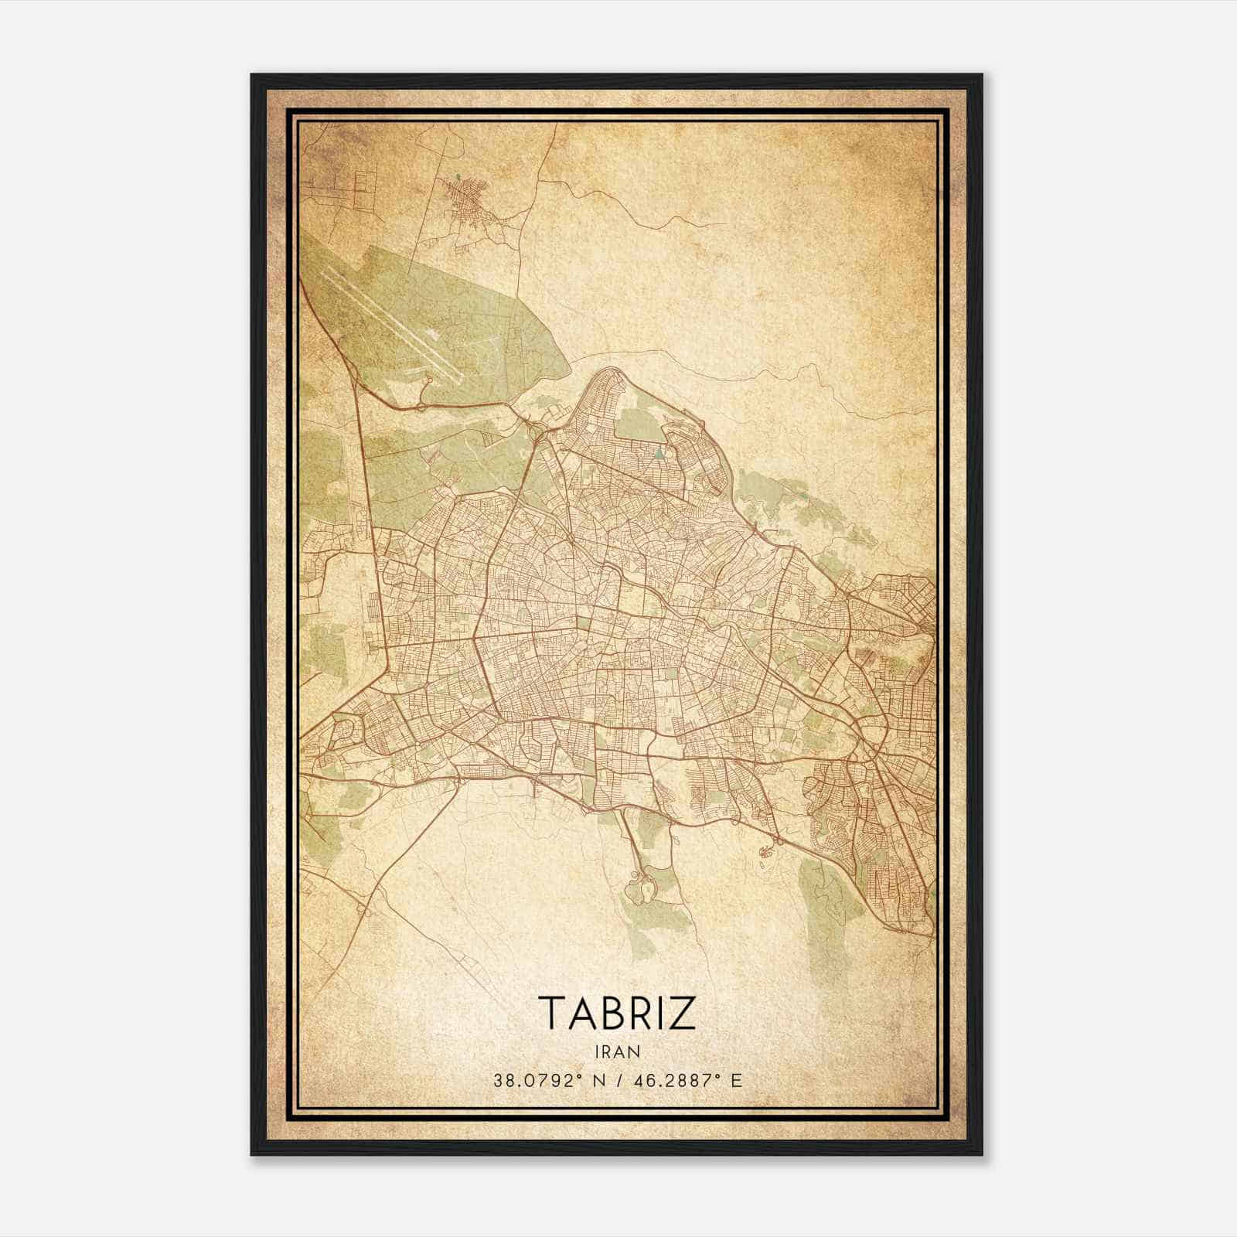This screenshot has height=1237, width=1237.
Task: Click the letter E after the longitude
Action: coord(736,1081)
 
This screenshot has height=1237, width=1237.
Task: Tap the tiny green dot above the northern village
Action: coord(458,176)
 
